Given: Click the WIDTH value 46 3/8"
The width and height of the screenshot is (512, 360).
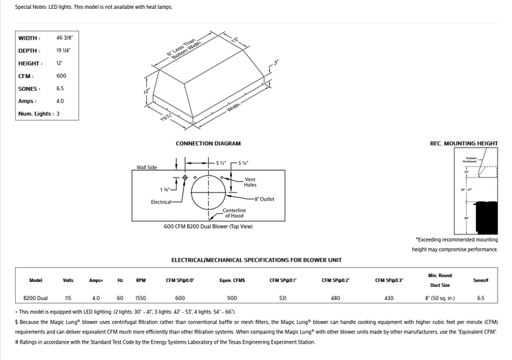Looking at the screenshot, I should coord(65,38).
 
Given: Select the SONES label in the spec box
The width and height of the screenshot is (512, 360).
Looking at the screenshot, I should coord(29,88).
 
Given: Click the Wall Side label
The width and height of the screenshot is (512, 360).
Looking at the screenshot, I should coord(147,167).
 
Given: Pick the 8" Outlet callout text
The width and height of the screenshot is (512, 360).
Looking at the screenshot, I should coord(264,199).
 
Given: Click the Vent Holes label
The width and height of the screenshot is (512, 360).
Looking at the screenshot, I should coord(250,182).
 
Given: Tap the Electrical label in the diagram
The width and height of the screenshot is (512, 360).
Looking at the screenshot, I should coord(162,202).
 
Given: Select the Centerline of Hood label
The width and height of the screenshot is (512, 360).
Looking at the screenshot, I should coord(234,213).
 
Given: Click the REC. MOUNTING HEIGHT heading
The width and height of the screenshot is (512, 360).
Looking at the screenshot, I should coord(464,143).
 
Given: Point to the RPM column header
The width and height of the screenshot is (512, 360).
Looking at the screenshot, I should coord(141,280).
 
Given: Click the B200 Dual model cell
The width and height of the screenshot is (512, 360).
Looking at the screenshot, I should coord(36,298).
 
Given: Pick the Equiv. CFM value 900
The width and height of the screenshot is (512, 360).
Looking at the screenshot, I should coord(232,298).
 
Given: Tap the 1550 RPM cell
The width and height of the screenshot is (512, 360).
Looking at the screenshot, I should coord(141,298).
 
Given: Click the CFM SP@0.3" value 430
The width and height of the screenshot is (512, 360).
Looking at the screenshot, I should coord(388,298).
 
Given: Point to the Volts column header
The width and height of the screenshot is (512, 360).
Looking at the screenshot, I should coord(68,280).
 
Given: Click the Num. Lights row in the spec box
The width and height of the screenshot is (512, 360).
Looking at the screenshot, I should coord(39,113).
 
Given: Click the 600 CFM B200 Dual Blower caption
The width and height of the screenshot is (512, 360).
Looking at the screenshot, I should coord(208,226).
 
